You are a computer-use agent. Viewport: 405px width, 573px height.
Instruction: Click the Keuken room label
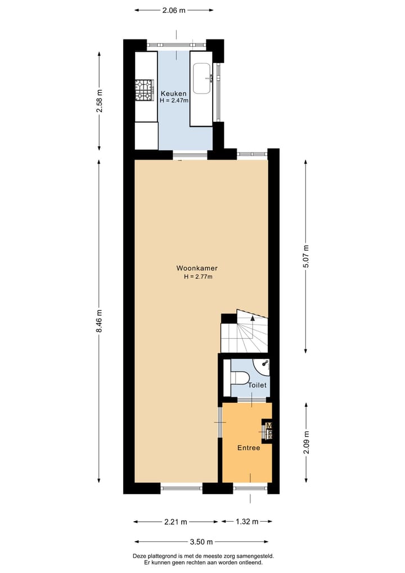[174, 94]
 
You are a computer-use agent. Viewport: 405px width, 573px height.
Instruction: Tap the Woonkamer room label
[197, 269]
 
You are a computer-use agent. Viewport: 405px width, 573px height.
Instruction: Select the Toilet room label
[257, 385]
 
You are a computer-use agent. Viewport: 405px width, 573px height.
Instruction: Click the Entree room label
[249, 448]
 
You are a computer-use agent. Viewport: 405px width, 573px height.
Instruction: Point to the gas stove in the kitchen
[144, 90]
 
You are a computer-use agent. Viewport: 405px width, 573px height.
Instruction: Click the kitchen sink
[202, 78]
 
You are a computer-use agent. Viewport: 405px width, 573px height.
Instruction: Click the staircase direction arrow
[253, 318]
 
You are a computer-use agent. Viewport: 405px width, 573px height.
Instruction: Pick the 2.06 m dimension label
[174, 10]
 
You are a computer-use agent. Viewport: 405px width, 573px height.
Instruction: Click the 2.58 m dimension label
[100, 101]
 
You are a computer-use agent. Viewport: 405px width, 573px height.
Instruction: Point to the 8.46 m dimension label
[100, 321]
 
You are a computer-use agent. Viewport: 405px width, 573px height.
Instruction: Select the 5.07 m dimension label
[306, 256]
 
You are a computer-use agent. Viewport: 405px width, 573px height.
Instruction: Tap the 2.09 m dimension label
[306, 442]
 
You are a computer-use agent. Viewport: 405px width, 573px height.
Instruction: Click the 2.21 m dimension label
[175, 522]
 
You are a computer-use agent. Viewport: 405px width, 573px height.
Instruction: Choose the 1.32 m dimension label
[246, 522]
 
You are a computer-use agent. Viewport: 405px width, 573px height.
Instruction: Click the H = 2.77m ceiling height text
[197, 277]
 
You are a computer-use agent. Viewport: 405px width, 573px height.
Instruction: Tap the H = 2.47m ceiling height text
[174, 101]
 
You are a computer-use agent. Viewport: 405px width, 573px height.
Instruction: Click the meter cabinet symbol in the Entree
[269, 430]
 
